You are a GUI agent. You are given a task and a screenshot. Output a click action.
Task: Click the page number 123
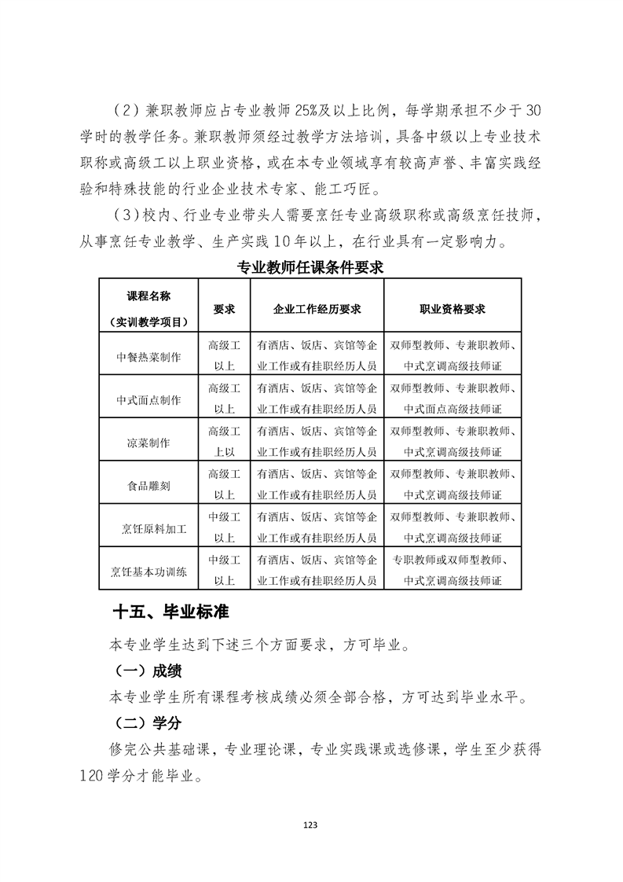(311, 825)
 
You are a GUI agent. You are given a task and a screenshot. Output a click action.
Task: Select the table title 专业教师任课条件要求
(310, 267)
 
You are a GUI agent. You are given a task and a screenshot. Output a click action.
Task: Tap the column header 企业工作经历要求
(317, 309)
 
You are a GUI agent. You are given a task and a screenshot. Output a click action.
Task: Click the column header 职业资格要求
(452, 309)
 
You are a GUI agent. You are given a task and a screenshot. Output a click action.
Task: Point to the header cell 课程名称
(149, 296)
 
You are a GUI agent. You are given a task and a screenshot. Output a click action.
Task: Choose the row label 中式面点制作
(149, 400)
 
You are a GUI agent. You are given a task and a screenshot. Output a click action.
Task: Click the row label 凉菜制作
(149, 443)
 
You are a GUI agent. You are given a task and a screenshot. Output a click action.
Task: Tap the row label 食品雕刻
(149, 485)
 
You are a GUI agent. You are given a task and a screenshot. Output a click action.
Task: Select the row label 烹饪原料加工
(149, 528)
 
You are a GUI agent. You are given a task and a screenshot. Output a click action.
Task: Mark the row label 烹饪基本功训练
(149, 571)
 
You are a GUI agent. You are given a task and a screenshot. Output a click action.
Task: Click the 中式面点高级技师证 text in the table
(452, 409)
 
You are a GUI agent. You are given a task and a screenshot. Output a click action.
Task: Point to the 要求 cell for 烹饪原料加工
(225, 528)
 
